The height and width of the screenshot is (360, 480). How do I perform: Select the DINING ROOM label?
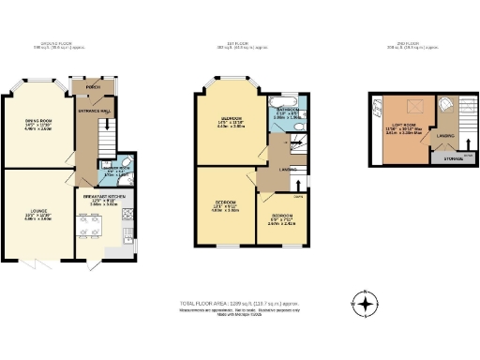click(37, 121)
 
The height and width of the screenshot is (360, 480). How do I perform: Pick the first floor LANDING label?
click(288, 170)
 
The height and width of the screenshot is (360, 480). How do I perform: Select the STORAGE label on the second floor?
click(447, 158)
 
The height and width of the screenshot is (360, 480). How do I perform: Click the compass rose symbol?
click(367, 303)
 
